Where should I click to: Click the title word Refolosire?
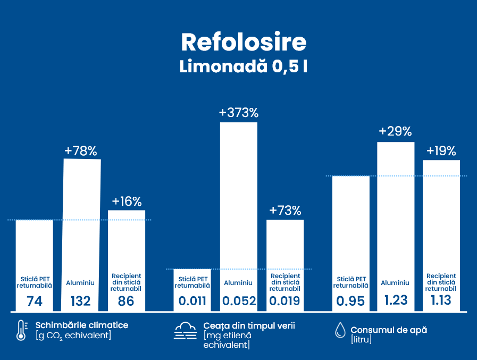[244, 41]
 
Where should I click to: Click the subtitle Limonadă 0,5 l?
[244, 67]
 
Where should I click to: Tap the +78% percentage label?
[81, 151]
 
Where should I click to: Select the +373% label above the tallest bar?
[239, 113]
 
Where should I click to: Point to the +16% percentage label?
[127, 202]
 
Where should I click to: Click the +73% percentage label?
[285, 211]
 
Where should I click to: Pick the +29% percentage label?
[395, 132]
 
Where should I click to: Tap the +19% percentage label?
[441, 151]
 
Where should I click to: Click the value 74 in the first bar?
[35, 302]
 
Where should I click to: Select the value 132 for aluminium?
[81, 302]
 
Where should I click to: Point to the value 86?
[126, 302]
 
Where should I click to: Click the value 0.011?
[193, 302]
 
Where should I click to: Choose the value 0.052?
[239, 302]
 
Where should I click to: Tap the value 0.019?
[284, 302]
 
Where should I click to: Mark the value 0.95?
[350, 302]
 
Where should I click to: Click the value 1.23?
[396, 300]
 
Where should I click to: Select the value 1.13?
[441, 300]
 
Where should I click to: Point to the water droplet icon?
[339, 331]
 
